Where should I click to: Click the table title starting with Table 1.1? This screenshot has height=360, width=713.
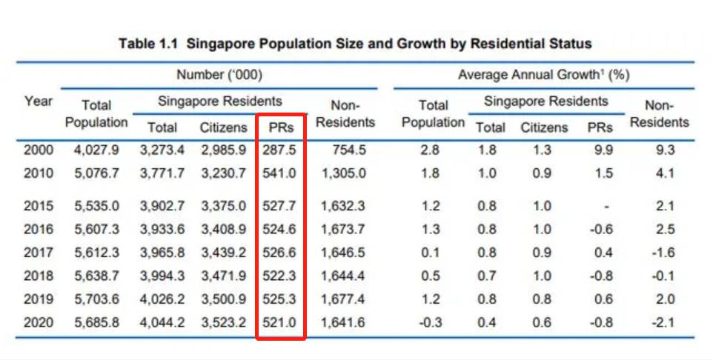(355, 44)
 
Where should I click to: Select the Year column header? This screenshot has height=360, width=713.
(38, 101)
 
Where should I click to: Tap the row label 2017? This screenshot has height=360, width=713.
(38, 253)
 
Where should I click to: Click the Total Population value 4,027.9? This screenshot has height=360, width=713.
(96, 150)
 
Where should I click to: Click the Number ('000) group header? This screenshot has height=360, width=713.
(219, 75)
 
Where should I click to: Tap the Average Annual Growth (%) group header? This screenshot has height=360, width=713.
(543, 75)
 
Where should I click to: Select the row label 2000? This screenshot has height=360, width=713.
(38, 150)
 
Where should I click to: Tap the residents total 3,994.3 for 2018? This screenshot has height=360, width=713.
(162, 277)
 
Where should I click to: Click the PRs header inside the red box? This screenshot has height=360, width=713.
(281, 127)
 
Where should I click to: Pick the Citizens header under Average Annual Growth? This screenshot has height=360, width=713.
(543, 127)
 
